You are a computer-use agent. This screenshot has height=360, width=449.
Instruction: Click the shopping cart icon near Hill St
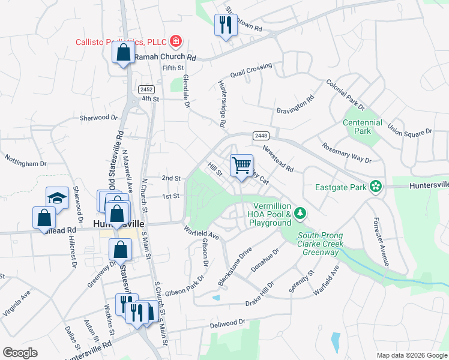pos(241,165)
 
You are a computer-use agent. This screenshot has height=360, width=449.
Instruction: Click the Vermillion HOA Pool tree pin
pos(300,213)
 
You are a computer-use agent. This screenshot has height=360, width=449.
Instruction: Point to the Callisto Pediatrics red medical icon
pos(176,41)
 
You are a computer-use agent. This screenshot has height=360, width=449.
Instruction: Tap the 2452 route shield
pos(146,89)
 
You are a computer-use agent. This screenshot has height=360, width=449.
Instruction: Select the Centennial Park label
pos(362,127)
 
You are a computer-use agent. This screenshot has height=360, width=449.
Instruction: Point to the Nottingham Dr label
pos(26,163)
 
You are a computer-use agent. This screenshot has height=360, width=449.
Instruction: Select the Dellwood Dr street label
pos(228,323)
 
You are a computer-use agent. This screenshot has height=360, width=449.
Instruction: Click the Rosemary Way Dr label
pos(346,153)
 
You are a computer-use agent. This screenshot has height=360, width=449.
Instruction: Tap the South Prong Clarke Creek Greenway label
pos(321,244)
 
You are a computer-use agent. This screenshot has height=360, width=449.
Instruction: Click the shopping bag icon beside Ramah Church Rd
pos(123,52)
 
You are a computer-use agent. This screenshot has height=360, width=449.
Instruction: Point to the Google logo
pos(20,352)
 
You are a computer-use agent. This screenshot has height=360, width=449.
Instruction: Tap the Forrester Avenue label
pos(381,241)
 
